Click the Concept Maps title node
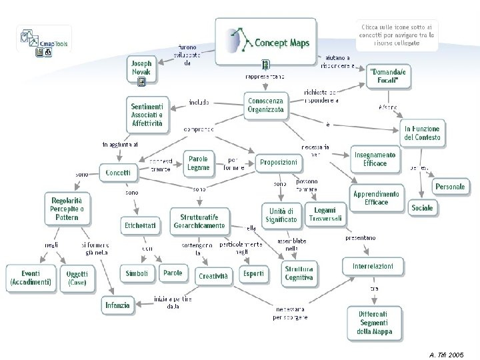click(265, 41)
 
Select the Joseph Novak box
click(140, 67)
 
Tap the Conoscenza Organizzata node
click(265, 105)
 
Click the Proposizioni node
click(279, 163)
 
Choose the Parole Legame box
click(198, 163)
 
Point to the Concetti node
click(119, 172)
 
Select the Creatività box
click(213, 276)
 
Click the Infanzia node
click(117, 305)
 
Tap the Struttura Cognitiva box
click(299, 273)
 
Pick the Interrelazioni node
click(373, 267)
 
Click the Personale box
click(450, 187)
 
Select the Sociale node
click(421, 208)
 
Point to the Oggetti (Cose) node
click(77, 278)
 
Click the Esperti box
click(253, 273)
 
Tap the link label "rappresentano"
click(265, 77)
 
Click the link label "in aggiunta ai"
click(120, 144)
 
